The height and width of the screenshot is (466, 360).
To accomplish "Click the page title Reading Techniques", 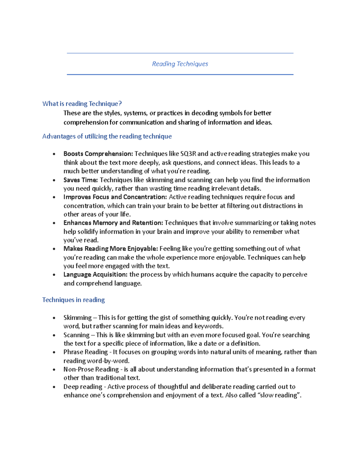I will tap(180, 64).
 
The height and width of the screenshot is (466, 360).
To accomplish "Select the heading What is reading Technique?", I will tap(82, 104).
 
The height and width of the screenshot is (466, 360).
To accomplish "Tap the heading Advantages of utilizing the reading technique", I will tap(107, 136).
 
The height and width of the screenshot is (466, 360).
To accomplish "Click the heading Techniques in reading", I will tap(73, 300).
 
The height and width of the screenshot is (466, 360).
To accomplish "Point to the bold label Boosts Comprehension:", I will tap(98, 154).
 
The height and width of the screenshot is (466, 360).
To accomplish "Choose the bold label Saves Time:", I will tap(81, 180).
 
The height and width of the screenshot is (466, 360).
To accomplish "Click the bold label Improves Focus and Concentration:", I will tap(115, 197).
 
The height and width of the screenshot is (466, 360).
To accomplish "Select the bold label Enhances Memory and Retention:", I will tap(113, 223).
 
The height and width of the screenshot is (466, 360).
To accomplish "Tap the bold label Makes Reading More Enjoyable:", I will tap(110, 248).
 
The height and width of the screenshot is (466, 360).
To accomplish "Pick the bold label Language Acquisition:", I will tap(95, 274).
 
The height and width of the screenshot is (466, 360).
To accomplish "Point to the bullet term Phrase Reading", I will tap(85, 352).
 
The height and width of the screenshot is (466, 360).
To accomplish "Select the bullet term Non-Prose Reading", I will tap(91, 369).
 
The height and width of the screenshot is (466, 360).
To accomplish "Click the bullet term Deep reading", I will tap(83, 386).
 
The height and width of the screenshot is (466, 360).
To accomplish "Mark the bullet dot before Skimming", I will tap(54, 318).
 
